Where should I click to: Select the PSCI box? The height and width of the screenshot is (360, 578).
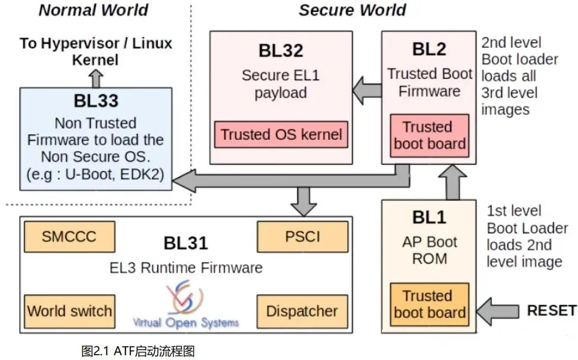coord(302,237)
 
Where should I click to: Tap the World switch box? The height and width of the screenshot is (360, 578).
coord(69,311)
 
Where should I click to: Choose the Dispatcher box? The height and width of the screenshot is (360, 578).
coord(302,311)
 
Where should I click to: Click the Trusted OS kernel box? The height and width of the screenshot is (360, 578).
coord(281,135)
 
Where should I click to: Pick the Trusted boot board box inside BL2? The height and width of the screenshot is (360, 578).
coord(429,135)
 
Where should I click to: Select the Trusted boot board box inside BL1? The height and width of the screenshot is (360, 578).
coord(429,304)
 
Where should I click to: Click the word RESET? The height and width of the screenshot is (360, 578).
coord(551,311)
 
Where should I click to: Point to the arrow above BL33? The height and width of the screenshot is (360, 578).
coord(96,78)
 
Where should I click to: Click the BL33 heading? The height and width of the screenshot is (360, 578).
coord(96,100)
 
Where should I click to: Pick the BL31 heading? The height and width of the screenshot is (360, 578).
coord(185,243)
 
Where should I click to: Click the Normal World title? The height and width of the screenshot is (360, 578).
coord(93,10)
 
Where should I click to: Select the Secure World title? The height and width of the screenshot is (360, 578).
coord(352,10)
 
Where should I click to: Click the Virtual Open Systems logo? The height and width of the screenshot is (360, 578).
coord(185,305)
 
